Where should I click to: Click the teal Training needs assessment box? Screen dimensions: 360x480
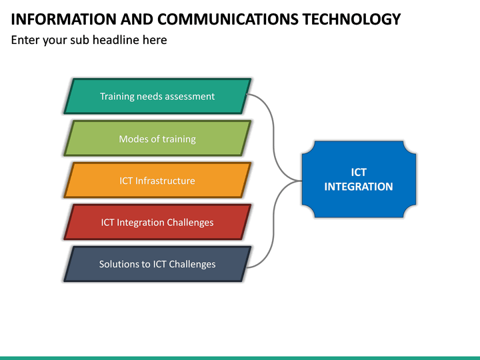[x=157, y=96]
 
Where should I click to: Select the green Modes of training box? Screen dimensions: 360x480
[x=157, y=139]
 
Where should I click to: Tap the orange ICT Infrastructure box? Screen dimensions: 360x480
[x=157, y=181]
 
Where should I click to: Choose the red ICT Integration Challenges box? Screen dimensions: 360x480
[x=157, y=222]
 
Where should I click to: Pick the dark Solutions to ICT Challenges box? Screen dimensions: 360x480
[x=157, y=264]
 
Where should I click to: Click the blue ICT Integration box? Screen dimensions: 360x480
[x=359, y=179]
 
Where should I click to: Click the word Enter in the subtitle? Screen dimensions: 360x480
[x=26, y=40]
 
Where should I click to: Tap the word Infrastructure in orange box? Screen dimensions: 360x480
[x=165, y=181]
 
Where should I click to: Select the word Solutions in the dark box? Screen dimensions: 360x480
[x=119, y=264]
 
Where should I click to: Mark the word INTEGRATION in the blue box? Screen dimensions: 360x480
[x=359, y=187]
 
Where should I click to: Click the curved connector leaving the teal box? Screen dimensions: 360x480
[x=267, y=110]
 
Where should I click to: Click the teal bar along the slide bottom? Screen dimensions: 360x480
[x=240, y=357]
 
